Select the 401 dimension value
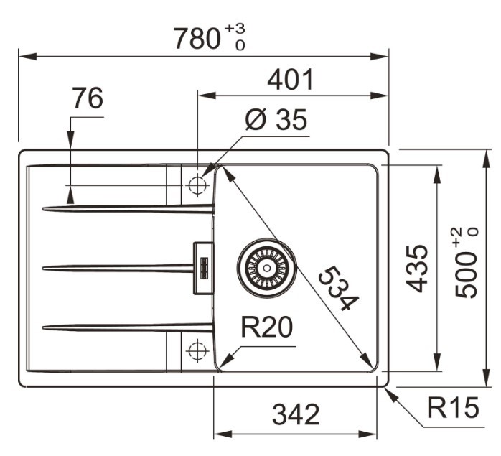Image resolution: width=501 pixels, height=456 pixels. [x=291, y=80]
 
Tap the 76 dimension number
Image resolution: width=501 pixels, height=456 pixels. [x=88, y=98]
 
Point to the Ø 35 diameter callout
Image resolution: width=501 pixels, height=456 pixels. [x=276, y=120]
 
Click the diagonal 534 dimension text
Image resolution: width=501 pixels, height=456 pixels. [x=339, y=288]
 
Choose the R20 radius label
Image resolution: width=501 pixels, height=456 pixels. [x=266, y=327]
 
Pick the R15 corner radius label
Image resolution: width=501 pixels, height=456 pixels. [x=453, y=407]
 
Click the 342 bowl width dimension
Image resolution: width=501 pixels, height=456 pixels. [x=296, y=414]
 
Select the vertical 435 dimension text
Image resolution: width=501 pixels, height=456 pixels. [x=416, y=269]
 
